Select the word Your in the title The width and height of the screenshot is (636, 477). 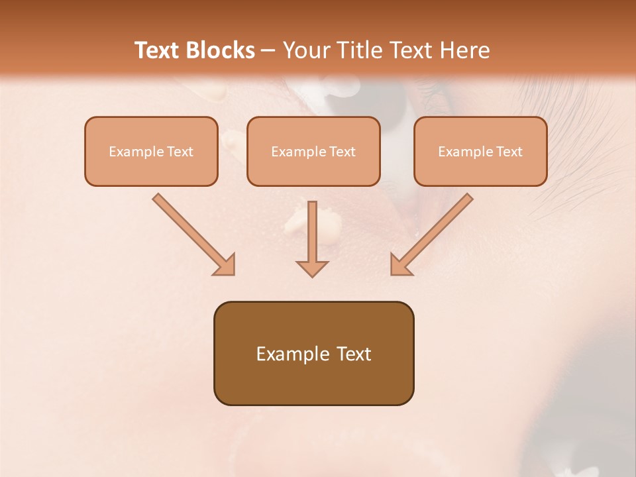[x=303, y=50]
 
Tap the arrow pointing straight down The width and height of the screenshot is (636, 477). [x=312, y=238]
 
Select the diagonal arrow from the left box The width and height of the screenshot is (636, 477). [x=192, y=233]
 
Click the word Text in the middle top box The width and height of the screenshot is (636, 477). [x=343, y=152]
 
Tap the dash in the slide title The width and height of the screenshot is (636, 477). [x=268, y=51]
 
